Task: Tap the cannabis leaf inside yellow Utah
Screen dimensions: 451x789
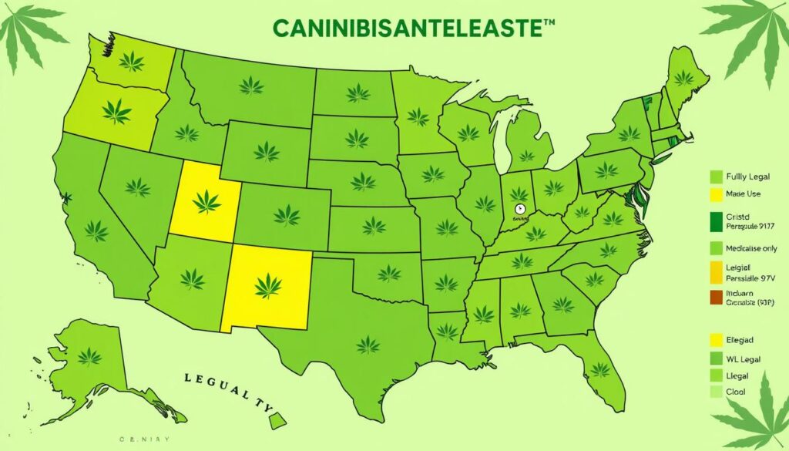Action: pos(206,202)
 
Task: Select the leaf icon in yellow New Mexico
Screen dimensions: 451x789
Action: pos(267,285)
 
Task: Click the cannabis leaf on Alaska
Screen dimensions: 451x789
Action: pos(89,355)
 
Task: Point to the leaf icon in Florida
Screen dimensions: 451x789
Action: pos(600,369)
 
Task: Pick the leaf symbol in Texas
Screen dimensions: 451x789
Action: pos(368,344)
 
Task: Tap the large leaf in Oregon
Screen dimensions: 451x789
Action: pos(117,112)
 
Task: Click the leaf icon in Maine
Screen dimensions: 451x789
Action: pos(683,77)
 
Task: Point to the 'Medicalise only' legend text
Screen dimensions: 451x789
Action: pos(746,248)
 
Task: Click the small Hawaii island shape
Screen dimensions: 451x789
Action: pos(278,420)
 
